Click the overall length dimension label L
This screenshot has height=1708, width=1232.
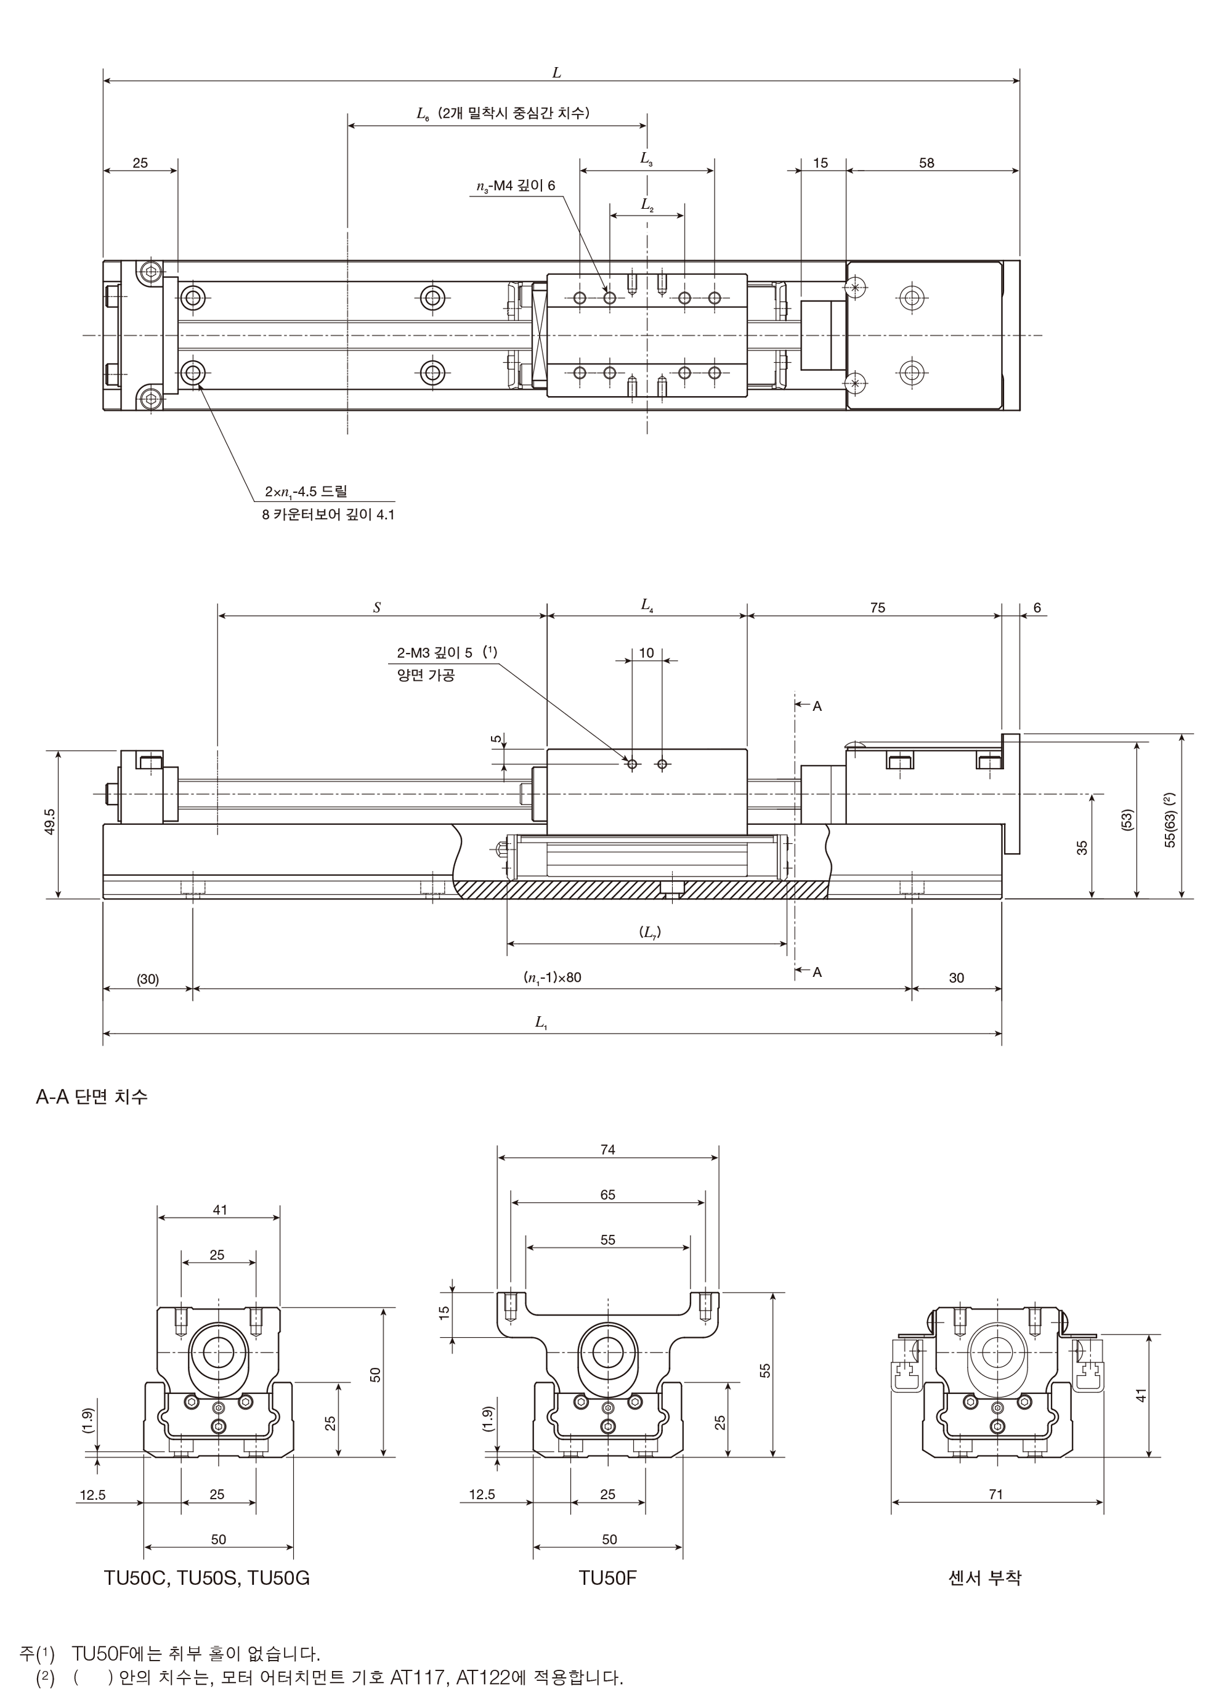pos(556,73)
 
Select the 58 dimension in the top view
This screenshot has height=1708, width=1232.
pos(926,163)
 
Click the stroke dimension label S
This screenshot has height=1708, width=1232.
pos(376,608)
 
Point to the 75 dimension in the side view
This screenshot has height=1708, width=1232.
pos(877,608)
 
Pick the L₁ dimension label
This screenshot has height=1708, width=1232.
pos(541,1022)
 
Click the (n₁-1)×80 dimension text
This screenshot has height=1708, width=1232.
pos(553,978)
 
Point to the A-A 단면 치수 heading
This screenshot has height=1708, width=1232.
pos(92,1096)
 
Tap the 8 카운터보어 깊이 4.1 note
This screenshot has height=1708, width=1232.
pos(328,515)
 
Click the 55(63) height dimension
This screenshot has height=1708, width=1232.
pos(1170,819)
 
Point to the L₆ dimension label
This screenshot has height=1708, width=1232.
pos(423,114)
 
